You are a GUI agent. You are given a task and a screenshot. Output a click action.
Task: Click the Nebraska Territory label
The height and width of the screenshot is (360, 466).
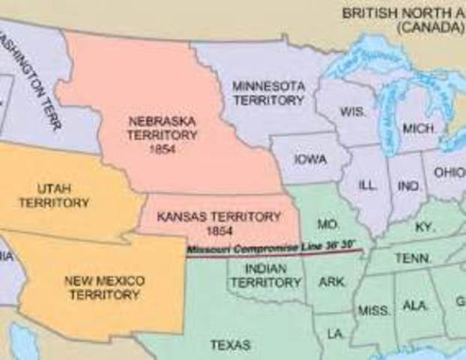coord(163,135)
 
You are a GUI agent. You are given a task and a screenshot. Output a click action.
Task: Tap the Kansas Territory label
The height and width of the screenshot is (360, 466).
coord(219,223)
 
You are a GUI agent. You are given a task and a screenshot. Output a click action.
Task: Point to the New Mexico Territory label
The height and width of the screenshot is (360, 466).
coord(104,287)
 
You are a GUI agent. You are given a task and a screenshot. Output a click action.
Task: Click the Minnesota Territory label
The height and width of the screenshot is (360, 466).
coord(268,92)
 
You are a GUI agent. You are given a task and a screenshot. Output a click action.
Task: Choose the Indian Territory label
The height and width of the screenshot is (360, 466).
coord(265,274)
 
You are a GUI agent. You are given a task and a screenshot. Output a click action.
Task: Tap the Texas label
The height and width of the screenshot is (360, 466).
coord(230,346)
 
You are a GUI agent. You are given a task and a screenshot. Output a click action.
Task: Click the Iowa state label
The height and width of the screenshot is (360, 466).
coord(310,159)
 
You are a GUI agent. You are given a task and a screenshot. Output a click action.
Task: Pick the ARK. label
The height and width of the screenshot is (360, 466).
coord(332,283)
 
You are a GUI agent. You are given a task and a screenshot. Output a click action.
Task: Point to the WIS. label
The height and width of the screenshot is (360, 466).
coord(352,111)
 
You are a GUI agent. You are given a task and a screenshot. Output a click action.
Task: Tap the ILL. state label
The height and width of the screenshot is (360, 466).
coord(368,184)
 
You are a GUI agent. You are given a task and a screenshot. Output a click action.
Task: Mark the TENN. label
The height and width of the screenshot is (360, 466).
coord(413,258)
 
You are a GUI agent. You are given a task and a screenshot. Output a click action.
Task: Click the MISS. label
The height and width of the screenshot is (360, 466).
coord(372,310)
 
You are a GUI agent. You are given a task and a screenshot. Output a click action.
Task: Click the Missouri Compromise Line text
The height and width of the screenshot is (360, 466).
coord(274,248)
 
